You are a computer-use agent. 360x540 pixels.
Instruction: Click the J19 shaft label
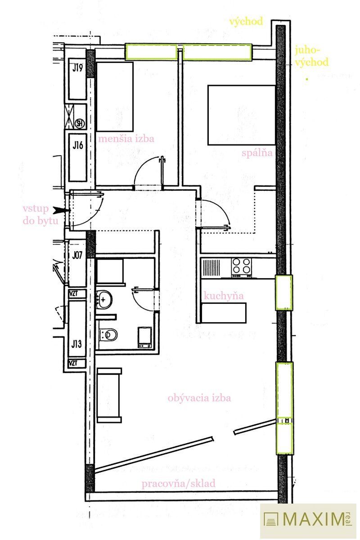pos(77,68)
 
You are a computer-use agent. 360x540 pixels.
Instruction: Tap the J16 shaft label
pos(78,145)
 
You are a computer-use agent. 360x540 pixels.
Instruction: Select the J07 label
pos(77,255)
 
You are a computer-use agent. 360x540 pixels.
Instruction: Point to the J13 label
pos(76,344)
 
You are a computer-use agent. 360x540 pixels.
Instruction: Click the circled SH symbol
pos(80,124)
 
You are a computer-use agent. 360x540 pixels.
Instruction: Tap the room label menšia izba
pos(126,139)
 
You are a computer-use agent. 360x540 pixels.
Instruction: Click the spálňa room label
pos(257,153)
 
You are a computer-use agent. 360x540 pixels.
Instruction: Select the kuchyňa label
pos(224,296)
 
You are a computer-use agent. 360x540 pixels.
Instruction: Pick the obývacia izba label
pos(199,398)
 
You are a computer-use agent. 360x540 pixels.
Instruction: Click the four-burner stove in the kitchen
pos(241,268)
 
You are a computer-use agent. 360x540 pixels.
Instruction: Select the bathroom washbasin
pos(104,299)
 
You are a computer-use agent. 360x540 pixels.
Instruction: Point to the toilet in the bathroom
pos(108,335)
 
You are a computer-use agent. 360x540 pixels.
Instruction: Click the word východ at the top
pos(246,22)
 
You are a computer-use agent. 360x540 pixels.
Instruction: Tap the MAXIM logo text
pos(314,519)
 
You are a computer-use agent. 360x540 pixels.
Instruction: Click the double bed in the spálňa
pos(241,115)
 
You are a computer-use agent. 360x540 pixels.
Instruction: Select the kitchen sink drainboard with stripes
pos(211,268)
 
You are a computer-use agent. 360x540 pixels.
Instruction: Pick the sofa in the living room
pos(109,396)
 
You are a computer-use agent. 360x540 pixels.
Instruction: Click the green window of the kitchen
pos(284,292)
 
